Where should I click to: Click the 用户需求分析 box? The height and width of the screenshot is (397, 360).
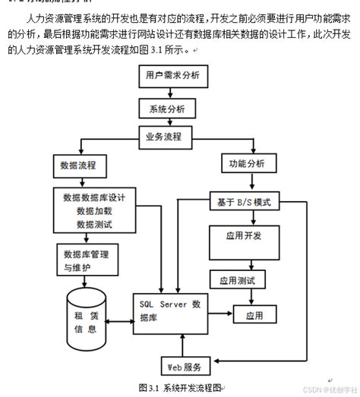(x=171, y=76)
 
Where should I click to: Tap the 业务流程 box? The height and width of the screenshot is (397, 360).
(x=168, y=137)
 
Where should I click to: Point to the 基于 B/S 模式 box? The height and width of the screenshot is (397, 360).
(x=245, y=203)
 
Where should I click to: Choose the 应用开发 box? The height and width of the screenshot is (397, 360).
(x=244, y=237)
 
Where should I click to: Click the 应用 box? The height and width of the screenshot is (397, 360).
(x=253, y=314)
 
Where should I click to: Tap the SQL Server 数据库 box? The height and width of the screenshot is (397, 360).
(x=170, y=311)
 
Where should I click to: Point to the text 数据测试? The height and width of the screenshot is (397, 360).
(x=95, y=224)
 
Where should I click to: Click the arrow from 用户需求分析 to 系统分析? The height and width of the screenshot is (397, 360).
(x=170, y=93)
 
